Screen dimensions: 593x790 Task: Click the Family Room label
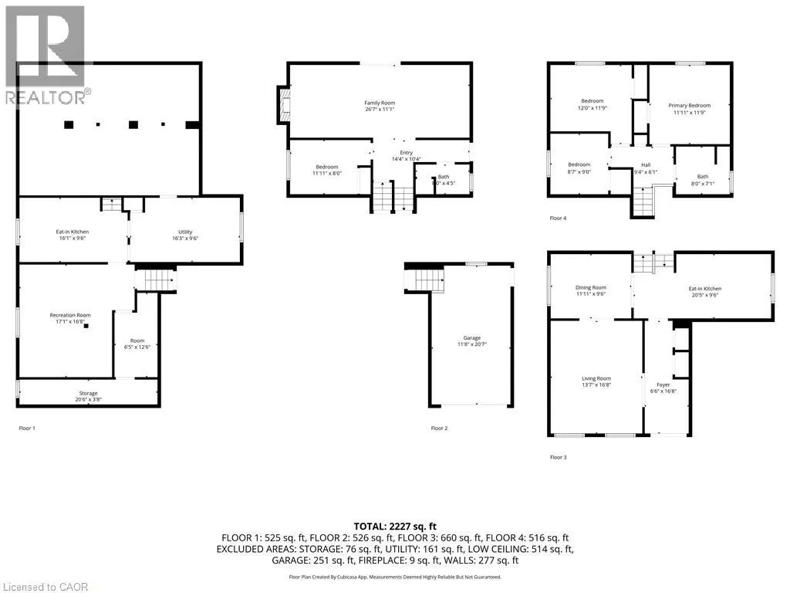tap(380, 107)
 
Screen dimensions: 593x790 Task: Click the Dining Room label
tap(590, 291)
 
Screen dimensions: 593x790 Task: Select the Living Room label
tap(596, 382)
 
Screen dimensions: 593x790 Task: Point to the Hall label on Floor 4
tap(646, 168)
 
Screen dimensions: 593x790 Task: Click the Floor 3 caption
tap(558, 457)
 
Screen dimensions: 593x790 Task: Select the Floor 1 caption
tap(27, 428)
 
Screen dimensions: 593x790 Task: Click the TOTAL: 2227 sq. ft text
tap(394, 526)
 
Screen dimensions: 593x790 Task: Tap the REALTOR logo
tap(46, 54)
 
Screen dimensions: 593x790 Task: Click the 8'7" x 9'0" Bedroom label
tap(579, 168)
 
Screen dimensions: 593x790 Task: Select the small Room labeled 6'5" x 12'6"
tap(137, 344)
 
